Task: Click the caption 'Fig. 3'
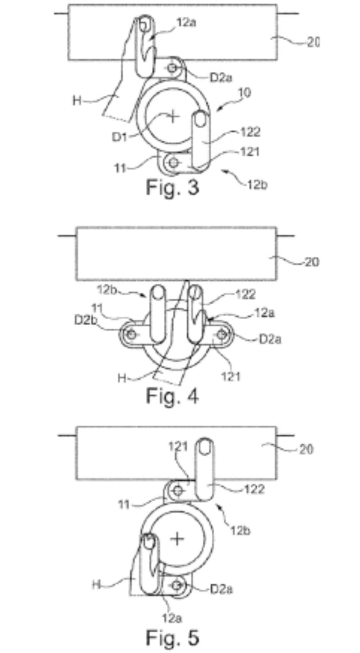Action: click(x=172, y=188)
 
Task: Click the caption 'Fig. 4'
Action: click(x=172, y=396)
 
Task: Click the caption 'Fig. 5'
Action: click(x=172, y=637)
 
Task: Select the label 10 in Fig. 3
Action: click(x=245, y=94)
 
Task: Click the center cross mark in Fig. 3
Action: click(x=172, y=116)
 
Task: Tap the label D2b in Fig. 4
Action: click(x=83, y=320)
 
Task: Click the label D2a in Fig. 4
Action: click(x=270, y=339)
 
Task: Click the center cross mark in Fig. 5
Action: click(x=177, y=539)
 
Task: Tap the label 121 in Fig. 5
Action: click(x=179, y=447)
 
